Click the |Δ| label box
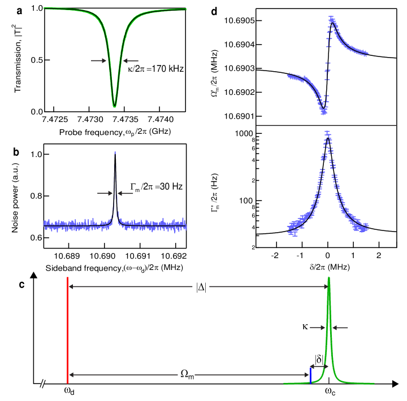pos(201,286)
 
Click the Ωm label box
pos(186,374)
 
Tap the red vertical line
pos(67,330)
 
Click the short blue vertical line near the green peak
pos(310,376)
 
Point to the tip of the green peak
pos(328,278)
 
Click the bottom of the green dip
pos(114,106)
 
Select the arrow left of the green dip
pos(99,60)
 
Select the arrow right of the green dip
pos(130,60)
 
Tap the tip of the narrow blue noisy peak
pos(115,152)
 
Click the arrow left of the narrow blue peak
pos(105,193)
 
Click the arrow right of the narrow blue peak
pos(125,193)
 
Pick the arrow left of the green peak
pos(318,328)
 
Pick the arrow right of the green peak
pos(340,328)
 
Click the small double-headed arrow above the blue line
pos(319,367)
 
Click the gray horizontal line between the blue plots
pos(326,125)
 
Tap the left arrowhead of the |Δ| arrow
pos(71,286)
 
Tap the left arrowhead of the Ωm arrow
pos(71,374)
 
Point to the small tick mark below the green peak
pos(329,381)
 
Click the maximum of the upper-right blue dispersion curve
pos(331,18)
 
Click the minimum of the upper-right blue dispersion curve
pos(324,112)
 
